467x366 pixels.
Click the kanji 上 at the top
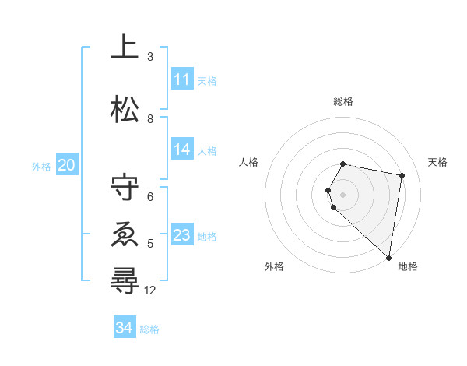125,48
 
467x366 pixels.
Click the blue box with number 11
181,79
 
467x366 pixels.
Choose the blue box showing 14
181,150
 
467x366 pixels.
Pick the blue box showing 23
181,235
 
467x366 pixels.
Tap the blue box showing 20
66,165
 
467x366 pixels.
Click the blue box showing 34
124,328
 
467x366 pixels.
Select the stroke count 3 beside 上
150,57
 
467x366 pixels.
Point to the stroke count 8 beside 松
150,118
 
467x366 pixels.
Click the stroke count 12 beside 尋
150,290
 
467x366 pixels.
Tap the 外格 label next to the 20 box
41,166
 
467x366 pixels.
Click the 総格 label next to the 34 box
149,329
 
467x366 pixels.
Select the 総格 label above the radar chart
343,101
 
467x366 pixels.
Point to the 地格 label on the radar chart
408,267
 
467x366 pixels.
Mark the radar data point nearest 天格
402,176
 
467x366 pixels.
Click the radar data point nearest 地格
389,257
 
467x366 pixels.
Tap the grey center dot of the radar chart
343,194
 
